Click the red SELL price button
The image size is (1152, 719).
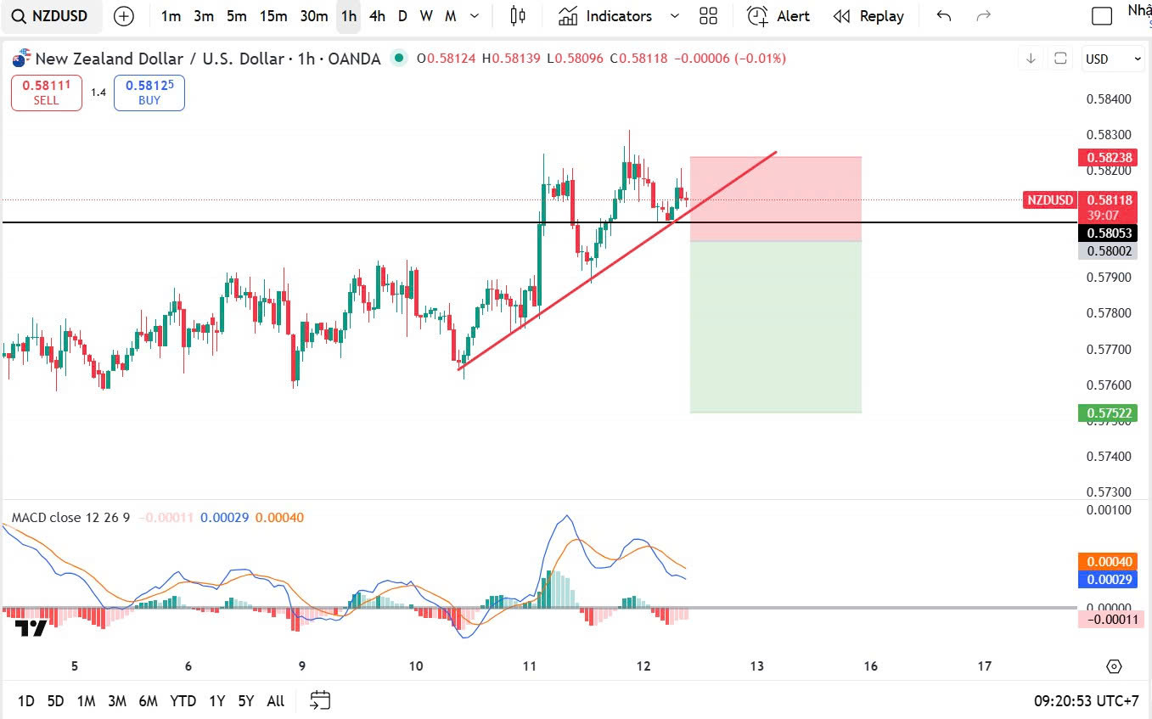click(x=47, y=93)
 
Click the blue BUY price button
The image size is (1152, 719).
click(x=149, y=93)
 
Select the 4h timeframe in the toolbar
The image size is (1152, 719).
click(x=377, y=16)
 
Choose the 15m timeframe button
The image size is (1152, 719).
click(x=273, y=16)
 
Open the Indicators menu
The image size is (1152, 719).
click(x=607, y=16)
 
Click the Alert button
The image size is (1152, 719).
click(x=778, y=16)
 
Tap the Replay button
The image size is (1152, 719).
click(x=868, y=16)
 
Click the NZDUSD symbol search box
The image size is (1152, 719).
click(x=51, y=16)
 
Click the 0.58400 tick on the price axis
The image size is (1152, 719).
click(x=1109, y=99)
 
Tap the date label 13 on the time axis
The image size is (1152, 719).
click(x=756, y=666)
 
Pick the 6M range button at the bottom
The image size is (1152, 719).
click(x=148, y=701)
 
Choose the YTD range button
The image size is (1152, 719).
click(x=183, y=701)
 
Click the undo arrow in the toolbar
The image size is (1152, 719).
click(x=943, y=16)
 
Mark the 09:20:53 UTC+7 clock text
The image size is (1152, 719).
click(x=1086, y=701)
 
